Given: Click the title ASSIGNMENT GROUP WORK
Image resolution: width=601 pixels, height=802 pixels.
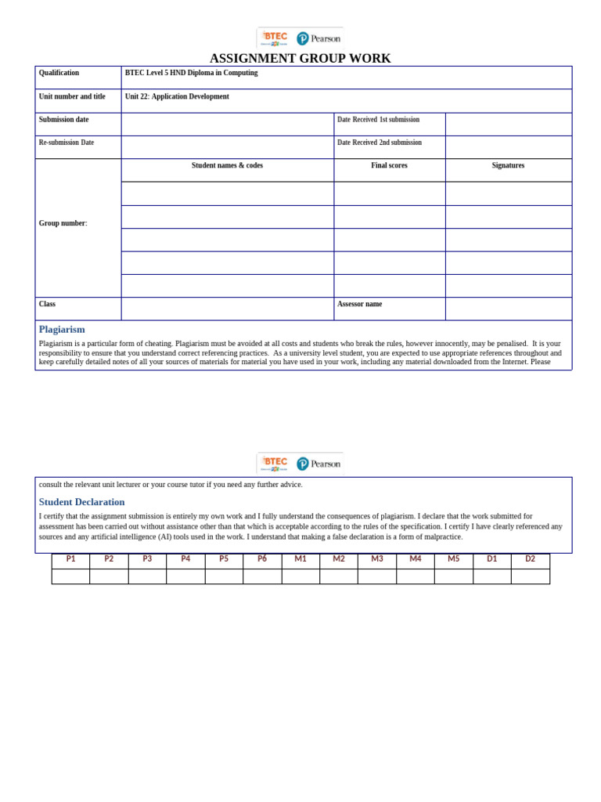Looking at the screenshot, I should tap(300, 59).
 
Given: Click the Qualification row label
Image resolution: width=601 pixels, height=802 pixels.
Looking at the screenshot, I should tap(59, 73).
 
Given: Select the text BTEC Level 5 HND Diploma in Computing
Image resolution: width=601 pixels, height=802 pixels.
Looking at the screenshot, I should tap(191, 73).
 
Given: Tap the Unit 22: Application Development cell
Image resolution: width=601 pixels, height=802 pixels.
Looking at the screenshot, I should tap(177, 96).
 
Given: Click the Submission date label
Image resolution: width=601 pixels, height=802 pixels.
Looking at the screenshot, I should tap(63, 120).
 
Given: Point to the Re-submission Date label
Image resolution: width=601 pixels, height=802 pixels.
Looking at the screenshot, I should tap(67, 143).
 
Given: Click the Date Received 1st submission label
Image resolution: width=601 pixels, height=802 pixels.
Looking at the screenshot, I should tap(378, 120).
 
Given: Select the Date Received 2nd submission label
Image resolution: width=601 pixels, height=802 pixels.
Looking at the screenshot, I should tap(379, 143).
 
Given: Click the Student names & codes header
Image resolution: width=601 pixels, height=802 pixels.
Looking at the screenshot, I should tap(227, 165).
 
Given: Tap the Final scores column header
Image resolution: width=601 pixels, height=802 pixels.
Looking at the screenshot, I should tap(389, 165).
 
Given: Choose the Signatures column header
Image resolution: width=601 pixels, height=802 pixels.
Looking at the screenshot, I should tap(508, 165).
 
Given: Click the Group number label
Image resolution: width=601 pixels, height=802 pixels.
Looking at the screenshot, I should tap(63, 223).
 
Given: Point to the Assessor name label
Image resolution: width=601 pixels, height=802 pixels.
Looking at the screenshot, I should tap(359, 304).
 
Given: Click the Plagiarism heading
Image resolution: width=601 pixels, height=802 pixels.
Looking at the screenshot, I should tap(62, 329).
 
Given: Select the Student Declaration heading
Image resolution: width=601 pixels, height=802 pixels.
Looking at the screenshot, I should tap(81, 502).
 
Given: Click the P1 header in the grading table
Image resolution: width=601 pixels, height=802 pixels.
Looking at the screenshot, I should tap(70, 559).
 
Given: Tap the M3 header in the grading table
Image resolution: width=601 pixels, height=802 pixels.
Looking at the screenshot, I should tap(377, 559).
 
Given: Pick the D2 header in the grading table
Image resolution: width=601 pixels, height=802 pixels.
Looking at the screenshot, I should tap(530, 559).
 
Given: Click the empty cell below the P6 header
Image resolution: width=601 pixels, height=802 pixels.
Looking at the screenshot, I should tap(262, 576).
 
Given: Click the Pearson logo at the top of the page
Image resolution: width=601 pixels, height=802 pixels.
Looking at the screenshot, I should tap(318, 38).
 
